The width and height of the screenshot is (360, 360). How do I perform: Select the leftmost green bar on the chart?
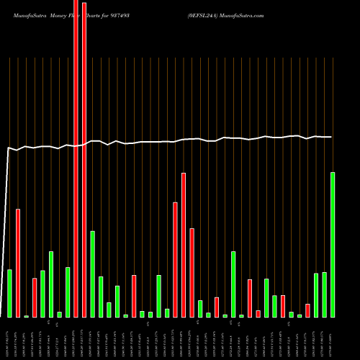pyautogui.click(x=9, y=293)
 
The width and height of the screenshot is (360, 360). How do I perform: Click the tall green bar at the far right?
pyautogui.click(x=333, y=245)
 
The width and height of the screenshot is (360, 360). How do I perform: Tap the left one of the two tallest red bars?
pyautogui.click(x=76, y=158)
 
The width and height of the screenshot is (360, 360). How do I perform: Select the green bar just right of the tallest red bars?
pyautogui.click(x=92, y=274)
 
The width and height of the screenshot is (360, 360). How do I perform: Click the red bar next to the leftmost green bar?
pyautogui.click(x=18, y=263)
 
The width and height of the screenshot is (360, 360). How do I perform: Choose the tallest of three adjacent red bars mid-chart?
pyautogui.click(x=184, y=245)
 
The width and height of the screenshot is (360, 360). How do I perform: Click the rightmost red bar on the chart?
pyautogui.click(x=307, y=310)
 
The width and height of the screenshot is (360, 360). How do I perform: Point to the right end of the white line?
pyautogui.click(x=331, y=137)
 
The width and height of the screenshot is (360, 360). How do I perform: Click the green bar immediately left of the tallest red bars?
pyautogui.click(x=68, y=292)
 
